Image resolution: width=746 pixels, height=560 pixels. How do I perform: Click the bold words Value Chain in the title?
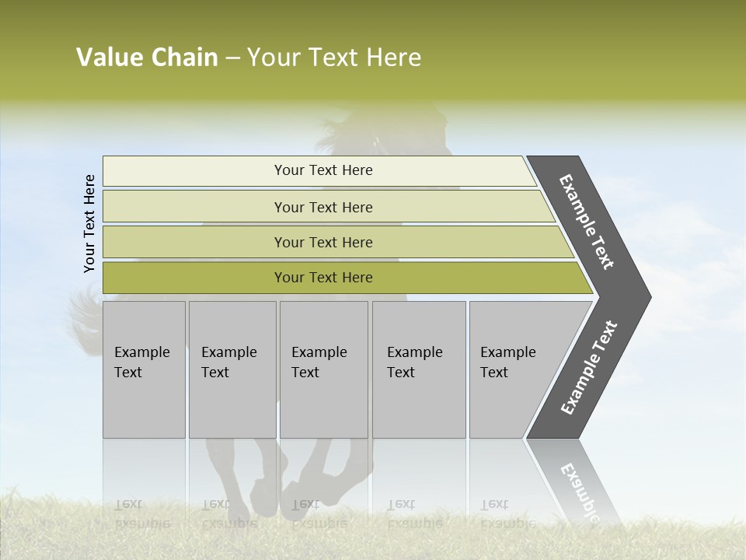point(147,58)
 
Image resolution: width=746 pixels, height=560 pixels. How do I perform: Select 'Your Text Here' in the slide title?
point(334,58)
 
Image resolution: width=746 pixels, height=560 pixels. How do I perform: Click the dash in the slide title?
point(232,58)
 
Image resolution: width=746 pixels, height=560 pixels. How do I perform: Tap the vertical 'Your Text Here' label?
point(89,224)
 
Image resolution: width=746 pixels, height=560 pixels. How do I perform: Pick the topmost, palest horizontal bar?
point(322,170)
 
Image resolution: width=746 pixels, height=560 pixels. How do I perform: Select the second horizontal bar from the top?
point(322,207)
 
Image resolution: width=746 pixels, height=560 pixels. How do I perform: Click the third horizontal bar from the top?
point(322,242)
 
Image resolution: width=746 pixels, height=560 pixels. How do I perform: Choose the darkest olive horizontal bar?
point(322,278)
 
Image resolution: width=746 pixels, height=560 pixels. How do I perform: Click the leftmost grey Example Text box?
point(144,369)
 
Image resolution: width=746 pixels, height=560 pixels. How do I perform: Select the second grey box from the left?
point(232,369)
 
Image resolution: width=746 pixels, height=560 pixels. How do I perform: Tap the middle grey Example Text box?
point(323,369)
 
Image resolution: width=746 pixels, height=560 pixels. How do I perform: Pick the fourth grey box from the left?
point(419,369)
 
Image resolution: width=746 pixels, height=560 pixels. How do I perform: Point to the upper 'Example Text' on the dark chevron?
point(587,222)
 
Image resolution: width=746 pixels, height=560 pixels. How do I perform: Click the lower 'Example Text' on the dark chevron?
point(589,368)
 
